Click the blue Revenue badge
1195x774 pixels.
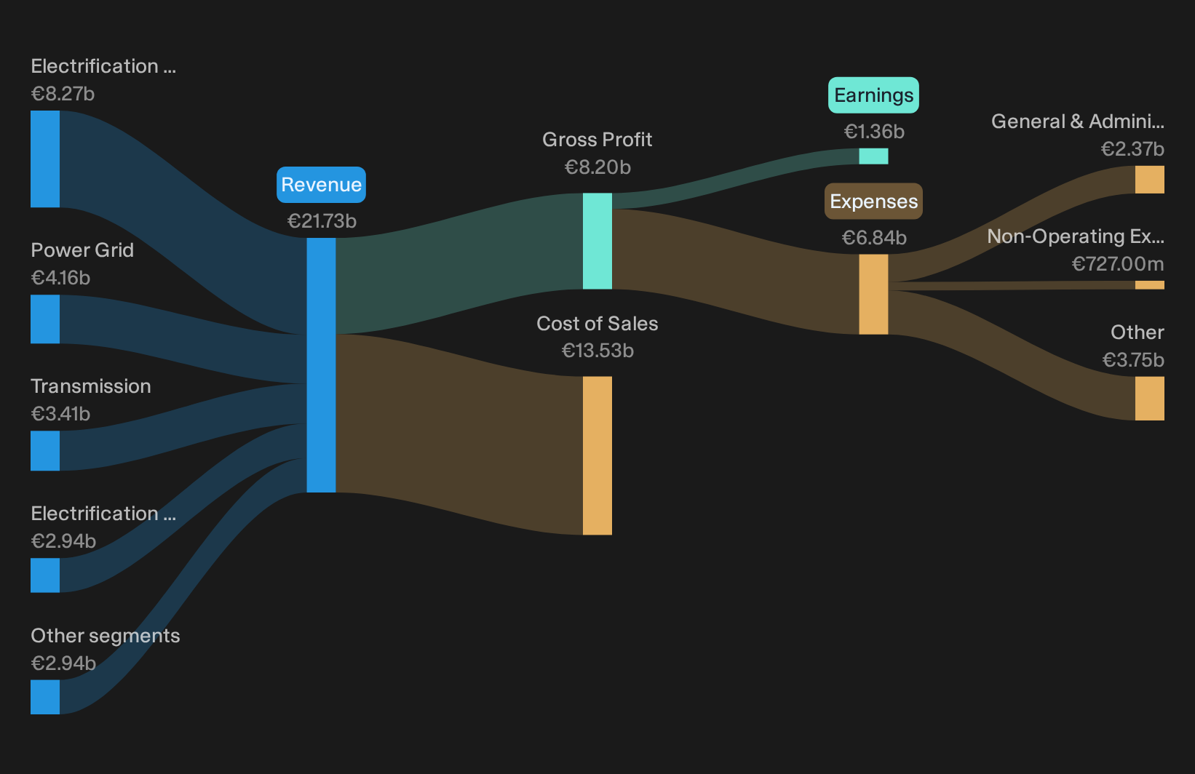coord(321,185)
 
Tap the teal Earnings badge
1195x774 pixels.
coord(873,95)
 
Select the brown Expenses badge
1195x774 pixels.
coord(873,201)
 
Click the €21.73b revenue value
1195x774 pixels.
coord(322,221)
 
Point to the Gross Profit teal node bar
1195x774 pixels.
coord(597,241)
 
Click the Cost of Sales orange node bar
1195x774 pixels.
coord(597,455)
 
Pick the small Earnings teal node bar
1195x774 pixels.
coord(873,156)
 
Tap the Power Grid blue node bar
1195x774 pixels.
coord(45,319)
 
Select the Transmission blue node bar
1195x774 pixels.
coord(45,451)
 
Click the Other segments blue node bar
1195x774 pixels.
coord(45,697)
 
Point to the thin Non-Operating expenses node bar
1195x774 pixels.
coord(1150,285)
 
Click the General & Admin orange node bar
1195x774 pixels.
coord(1150,179)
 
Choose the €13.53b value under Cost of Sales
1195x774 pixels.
coord(597,351)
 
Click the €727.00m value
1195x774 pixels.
coord(1118,263)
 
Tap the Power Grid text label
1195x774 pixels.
coord(82,250)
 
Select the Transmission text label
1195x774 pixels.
coord(91,386)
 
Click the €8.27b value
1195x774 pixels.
coord(63,94)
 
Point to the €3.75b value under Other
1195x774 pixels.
coord(1133,360)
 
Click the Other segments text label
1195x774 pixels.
coord(105,636)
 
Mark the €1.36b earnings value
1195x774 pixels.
coord(874,131)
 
